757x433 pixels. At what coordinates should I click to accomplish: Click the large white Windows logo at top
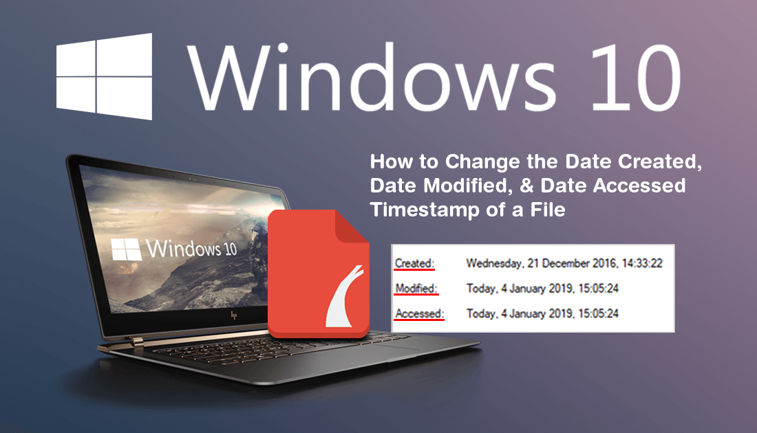pos(105,76)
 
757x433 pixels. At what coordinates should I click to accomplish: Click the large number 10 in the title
pos(635,77)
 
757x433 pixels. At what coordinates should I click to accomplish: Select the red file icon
pos(319,274)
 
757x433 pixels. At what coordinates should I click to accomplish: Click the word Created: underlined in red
pos(414,263)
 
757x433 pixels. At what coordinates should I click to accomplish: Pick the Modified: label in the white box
pos(416,289)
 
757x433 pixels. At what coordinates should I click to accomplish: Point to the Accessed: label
pos(419,313)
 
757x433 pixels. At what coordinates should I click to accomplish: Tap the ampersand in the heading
pos(526,186)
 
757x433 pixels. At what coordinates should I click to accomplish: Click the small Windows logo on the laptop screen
pos(126,249)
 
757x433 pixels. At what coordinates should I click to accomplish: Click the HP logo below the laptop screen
pos(234,315)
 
